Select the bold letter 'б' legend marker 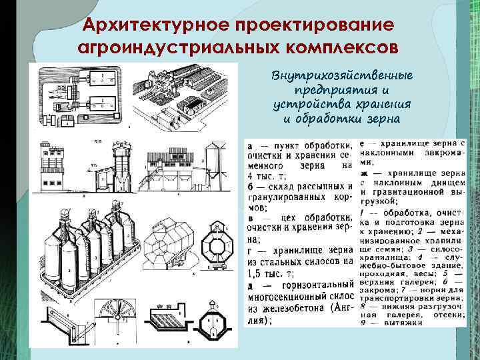click(x=249, y=185)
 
